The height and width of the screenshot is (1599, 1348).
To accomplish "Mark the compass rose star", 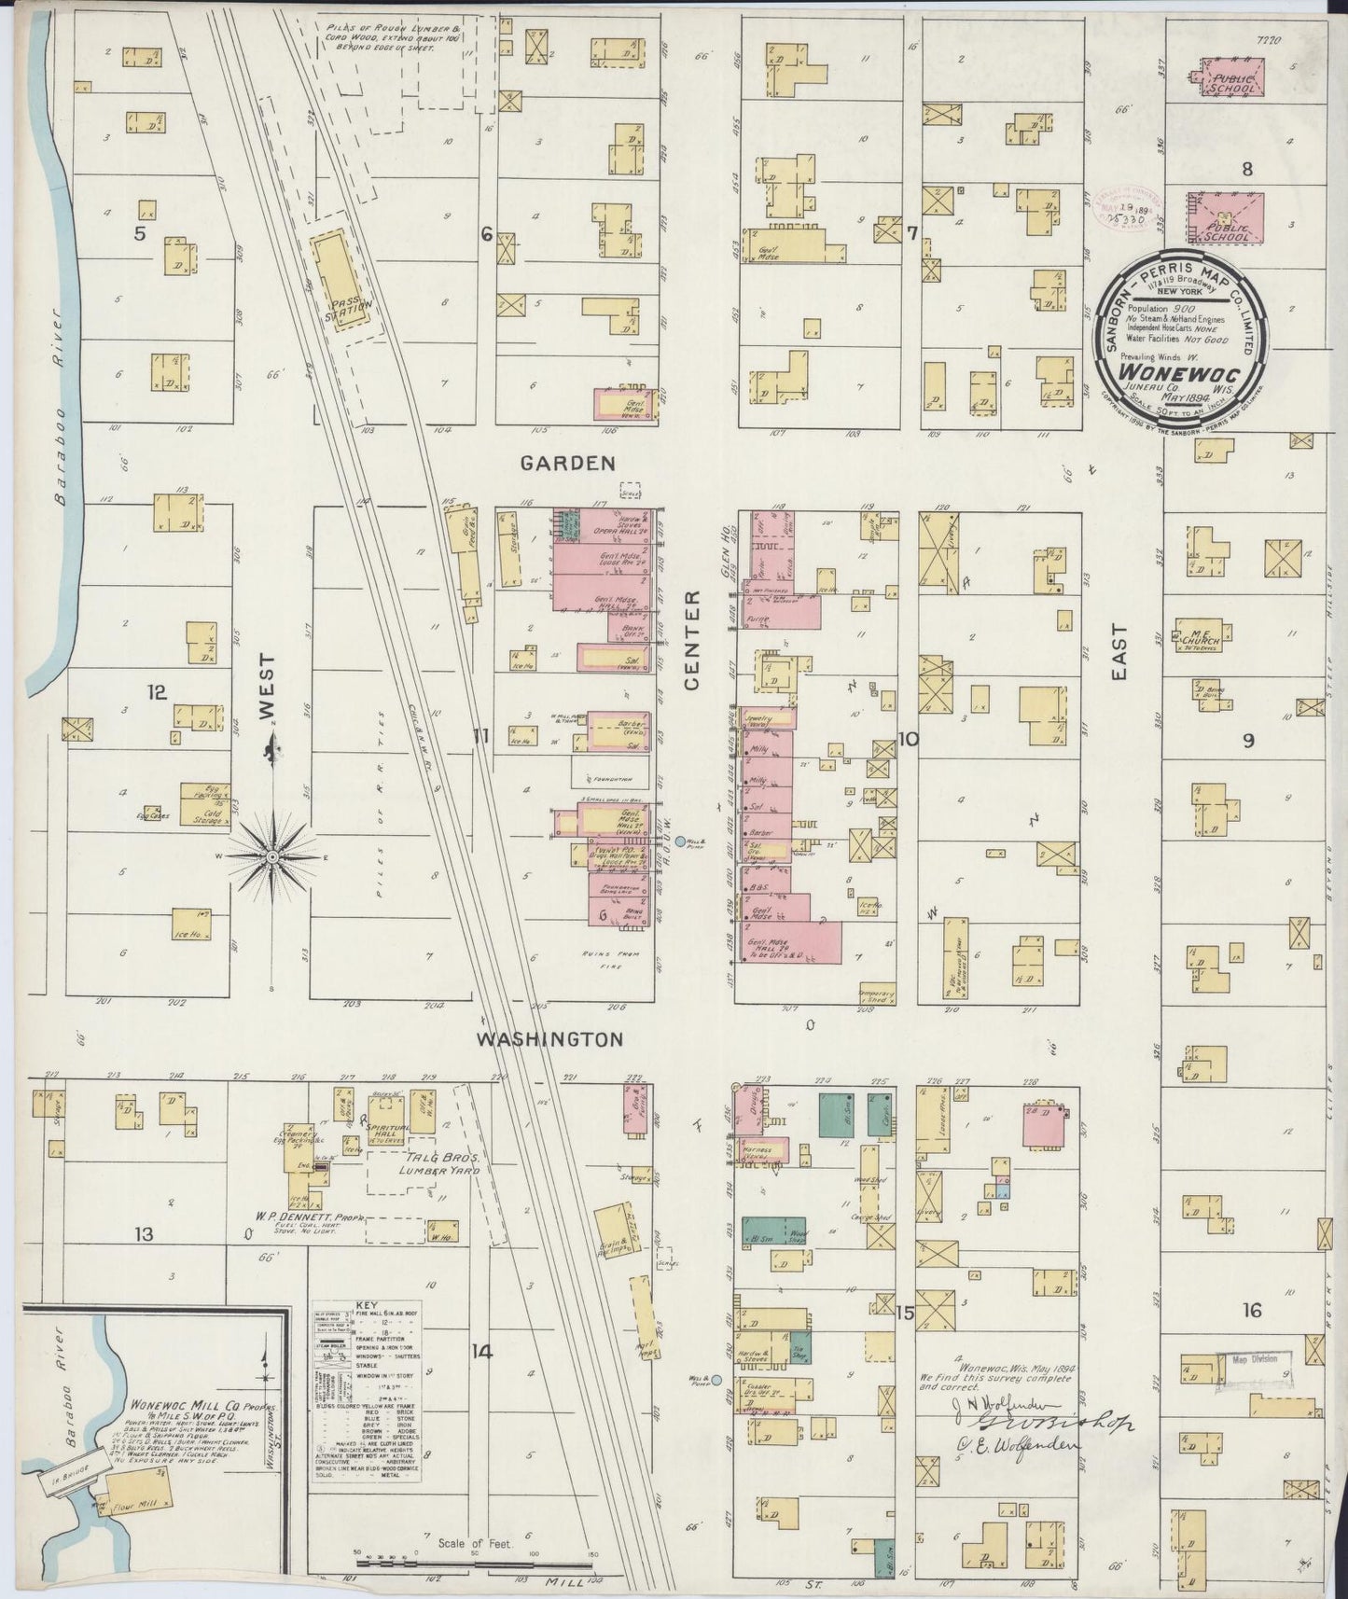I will point(271,855).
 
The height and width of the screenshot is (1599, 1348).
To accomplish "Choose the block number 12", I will point(156,692).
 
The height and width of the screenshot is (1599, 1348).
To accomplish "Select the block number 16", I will point(1251,1310).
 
